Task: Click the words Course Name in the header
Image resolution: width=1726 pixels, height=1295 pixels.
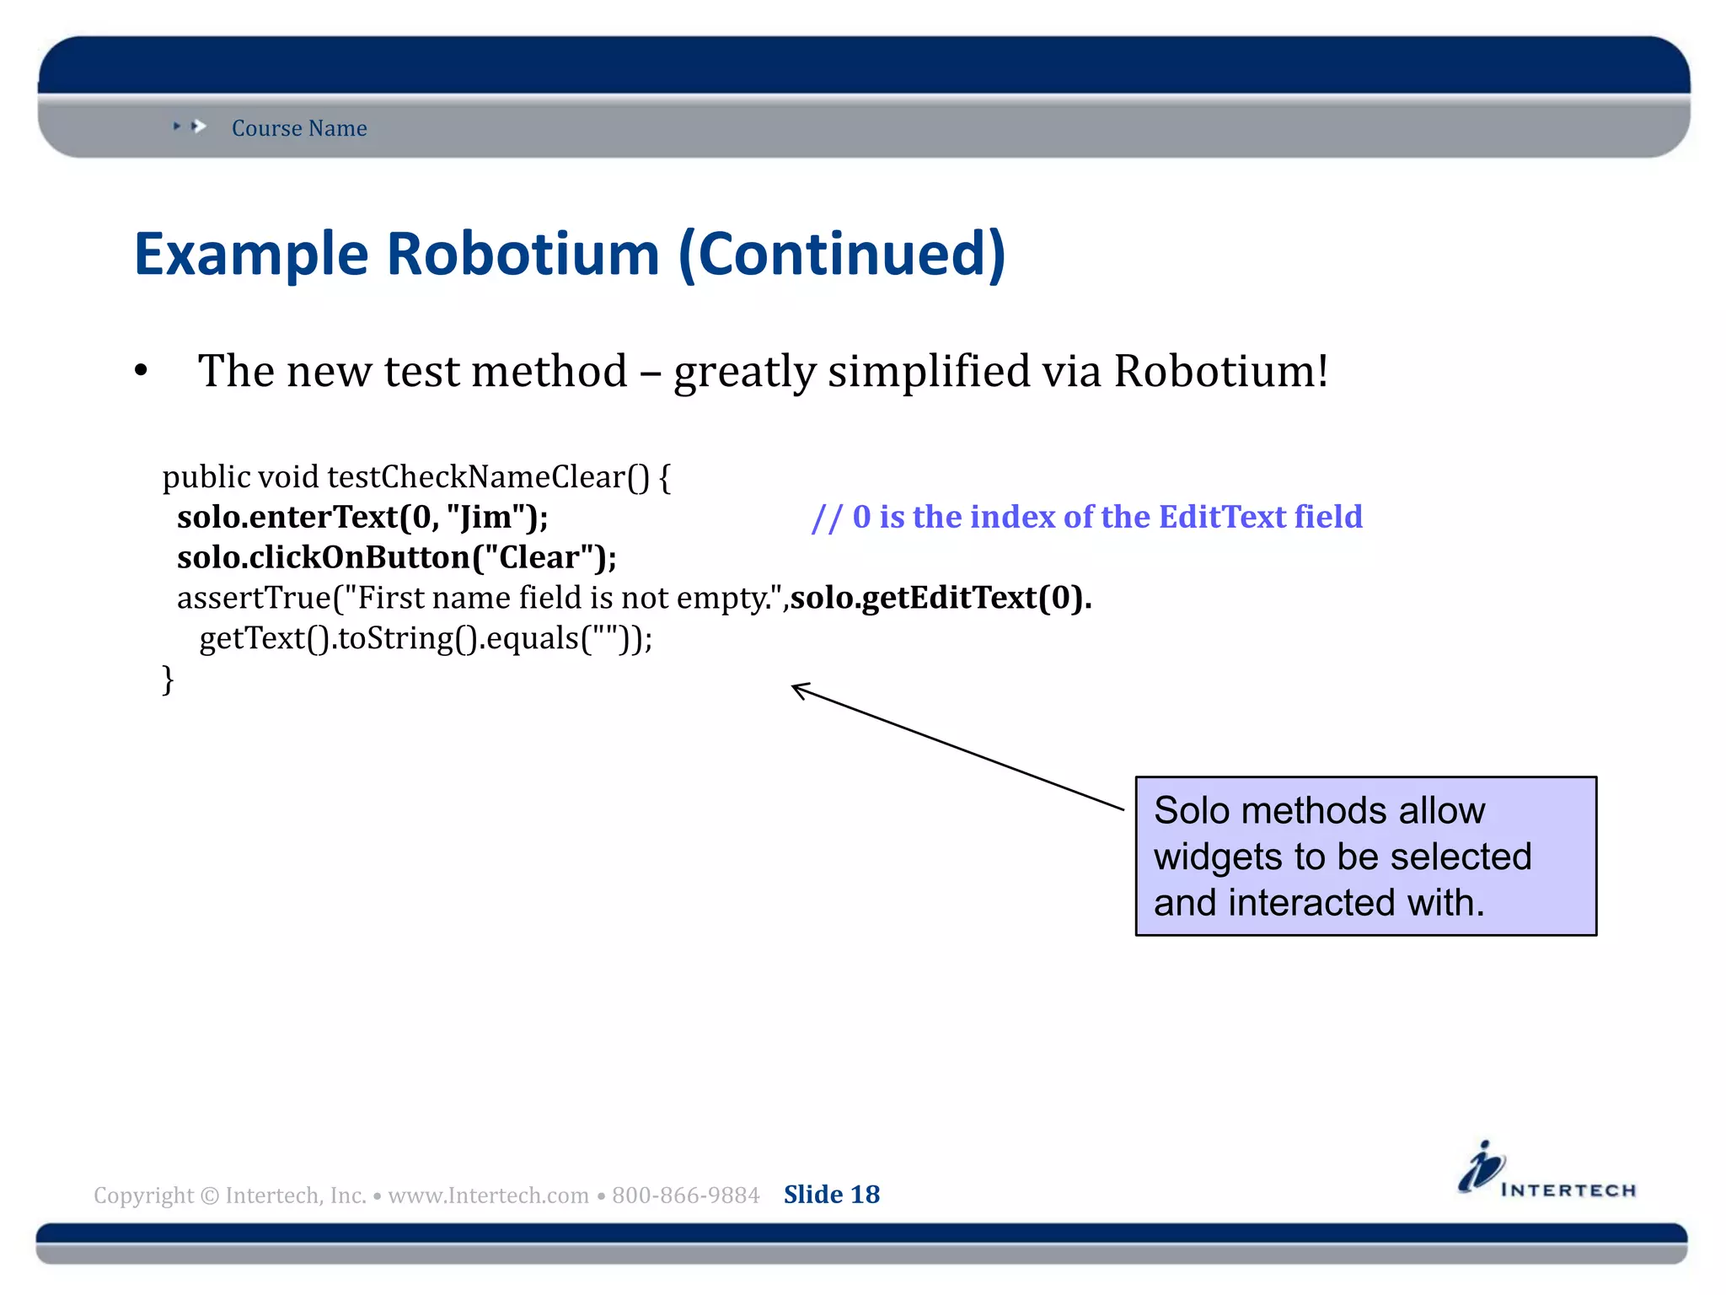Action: click(x=299, y=128)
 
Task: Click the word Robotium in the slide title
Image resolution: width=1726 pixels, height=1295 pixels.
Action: click(x=523, y=254)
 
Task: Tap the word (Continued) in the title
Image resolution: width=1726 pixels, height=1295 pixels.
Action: click(x=842, y=254)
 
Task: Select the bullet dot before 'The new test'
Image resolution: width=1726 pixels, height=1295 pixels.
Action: click(x=141, y=371)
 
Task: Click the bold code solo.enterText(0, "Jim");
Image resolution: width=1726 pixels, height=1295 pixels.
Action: click(x=362, y=517)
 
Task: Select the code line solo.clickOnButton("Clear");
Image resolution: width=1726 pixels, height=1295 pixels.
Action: click(x=396, y=557)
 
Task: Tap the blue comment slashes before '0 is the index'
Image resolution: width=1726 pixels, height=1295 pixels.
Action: click(x=826, y=517)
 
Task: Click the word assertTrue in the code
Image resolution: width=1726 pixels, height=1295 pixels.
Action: click(x=254, y=598)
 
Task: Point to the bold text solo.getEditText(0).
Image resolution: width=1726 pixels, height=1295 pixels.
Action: click(x=941, y=598)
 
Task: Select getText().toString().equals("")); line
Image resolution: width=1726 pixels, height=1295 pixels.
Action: click(x=426, y=638)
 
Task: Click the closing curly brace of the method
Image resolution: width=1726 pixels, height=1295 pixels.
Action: click(x=168, y=679)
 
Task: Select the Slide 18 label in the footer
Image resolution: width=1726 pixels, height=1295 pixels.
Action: click(x=831, y=1195)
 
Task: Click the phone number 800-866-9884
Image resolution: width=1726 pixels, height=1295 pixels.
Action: click(x=685, y=1196)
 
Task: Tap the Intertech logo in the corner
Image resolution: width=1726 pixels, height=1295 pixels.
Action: click(x=1546, y=1170)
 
